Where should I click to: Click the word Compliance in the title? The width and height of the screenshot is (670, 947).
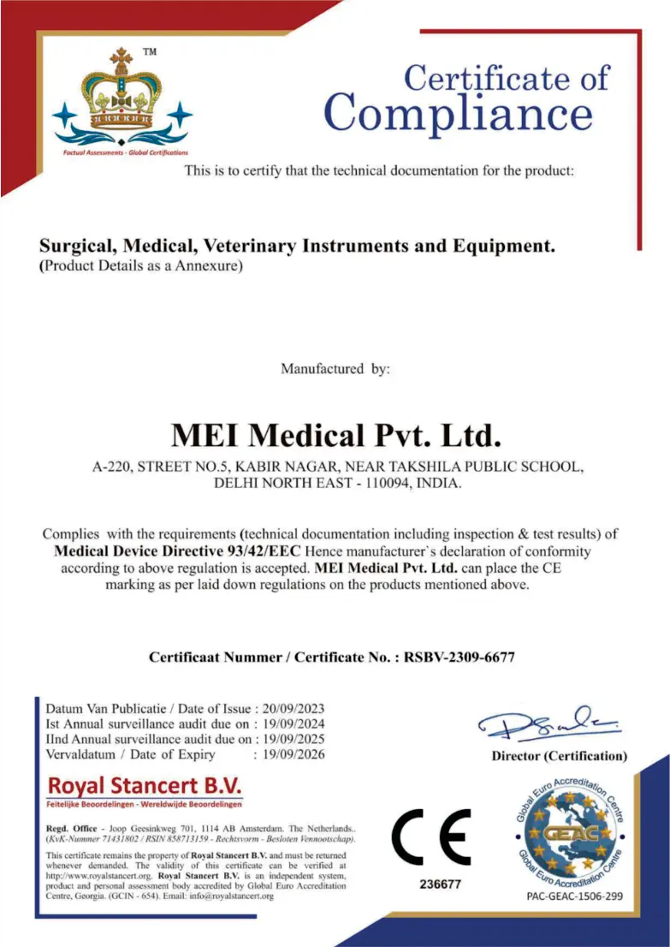click(x=458, y=114)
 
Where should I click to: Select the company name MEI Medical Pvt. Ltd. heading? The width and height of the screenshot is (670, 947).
click(x=335, y=435)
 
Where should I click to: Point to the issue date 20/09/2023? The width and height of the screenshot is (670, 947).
click(x=293, y=708)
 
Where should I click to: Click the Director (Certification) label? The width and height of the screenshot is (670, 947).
click(x=559, y=756)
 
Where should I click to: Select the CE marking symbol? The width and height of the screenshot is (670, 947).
click(x=431, y=838)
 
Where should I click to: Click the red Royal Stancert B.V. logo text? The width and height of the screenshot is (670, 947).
click(x=145, y=785)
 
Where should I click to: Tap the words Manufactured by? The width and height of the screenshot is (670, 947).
click(x=335, y=369)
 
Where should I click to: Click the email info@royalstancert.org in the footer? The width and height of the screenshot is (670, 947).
click(x=231, y=896)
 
